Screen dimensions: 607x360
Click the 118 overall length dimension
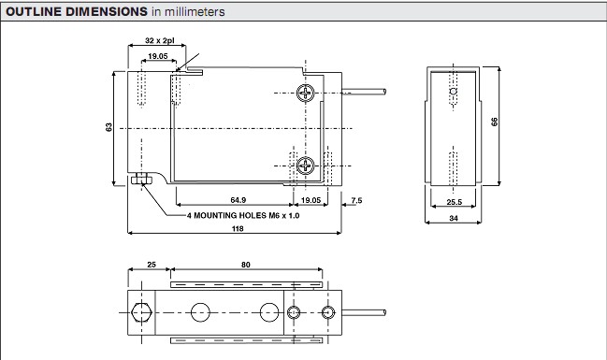coord(238,228)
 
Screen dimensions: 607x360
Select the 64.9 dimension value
coord(238,200)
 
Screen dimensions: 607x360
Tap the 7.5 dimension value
coord(356,200)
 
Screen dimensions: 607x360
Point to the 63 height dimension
coord(108,127)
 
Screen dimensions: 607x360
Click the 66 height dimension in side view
coord(495,122)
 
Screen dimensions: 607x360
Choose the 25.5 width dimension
coord(455,202)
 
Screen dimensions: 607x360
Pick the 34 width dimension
coord(454,218)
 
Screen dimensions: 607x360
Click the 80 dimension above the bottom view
coord(246,265)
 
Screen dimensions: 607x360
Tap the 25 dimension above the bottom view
coord(152,265)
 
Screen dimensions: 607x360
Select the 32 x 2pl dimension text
coord(160,40)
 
